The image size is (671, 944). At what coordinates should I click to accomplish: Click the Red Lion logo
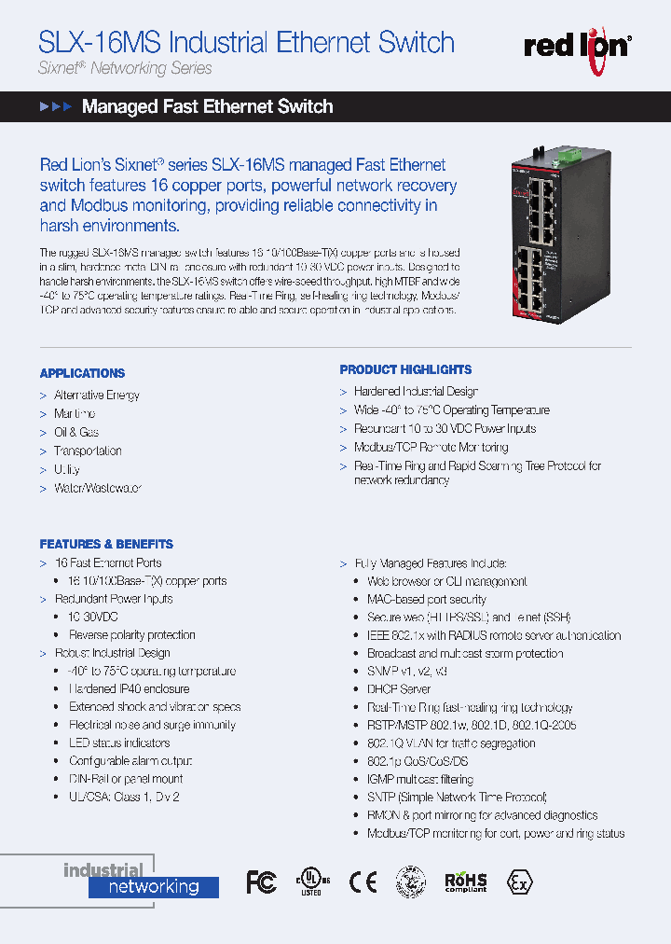tap(578, 45)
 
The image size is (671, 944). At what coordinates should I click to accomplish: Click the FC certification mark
tap(261, 882)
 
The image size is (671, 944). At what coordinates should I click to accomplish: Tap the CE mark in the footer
tap(363, 882)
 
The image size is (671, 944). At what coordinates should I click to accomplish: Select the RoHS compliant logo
tap(465, 882)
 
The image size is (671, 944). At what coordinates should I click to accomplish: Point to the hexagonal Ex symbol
tap(519, 882)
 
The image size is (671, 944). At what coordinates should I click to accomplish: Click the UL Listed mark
tap(309, 882)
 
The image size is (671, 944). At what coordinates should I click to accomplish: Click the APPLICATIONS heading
tap(82, 373)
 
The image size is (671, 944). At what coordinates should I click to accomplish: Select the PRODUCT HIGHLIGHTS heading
tap(405, 369)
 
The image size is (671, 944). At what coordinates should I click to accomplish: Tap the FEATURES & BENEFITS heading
tap(106, 544)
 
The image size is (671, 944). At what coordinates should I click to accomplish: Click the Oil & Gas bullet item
tap(75, 432)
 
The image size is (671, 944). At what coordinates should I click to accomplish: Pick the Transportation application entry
tap(88, 451)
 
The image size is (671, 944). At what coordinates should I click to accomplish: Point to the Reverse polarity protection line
tap(131, 634)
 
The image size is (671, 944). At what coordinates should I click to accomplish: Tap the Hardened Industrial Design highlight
tap(416, 392)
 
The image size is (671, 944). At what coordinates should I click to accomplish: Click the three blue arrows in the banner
tap(56, 107)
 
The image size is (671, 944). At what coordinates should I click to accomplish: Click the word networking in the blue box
tap(154, 887)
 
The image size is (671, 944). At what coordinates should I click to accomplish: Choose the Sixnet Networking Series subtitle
tap(125, 68)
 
